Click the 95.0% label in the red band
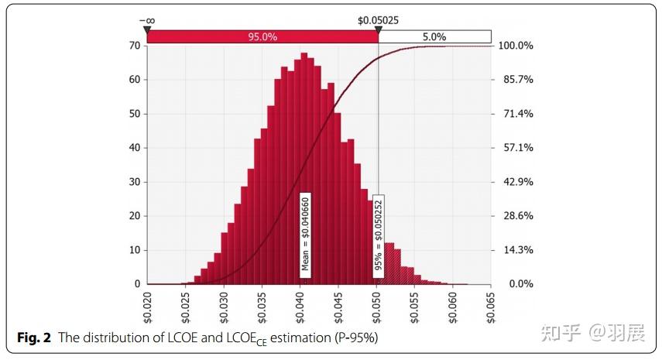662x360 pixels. tap(262, 36)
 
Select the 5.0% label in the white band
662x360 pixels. tap(435, 36)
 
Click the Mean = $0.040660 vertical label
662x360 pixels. tap(306, 235)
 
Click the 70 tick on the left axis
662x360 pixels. tap(135, 46)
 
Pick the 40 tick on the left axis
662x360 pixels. tap(135, 148)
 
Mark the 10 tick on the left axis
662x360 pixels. tap(135, 250)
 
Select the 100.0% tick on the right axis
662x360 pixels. tap(514, 46)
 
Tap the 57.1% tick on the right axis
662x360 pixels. tap(514, 148)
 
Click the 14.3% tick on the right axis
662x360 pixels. tap(514, 250)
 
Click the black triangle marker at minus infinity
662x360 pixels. tap(146, 29)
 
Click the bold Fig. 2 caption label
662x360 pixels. tap(34, 338)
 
